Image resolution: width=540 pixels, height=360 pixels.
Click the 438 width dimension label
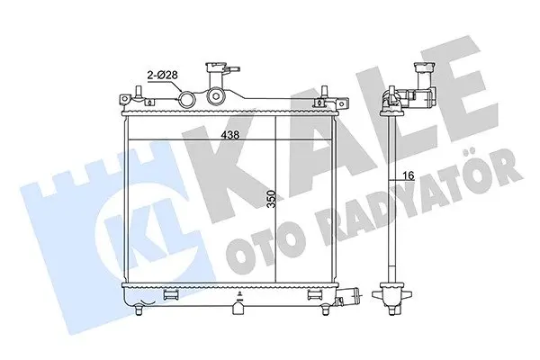[x=230, y=134]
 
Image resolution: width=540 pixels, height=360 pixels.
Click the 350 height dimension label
[x=272, y=199]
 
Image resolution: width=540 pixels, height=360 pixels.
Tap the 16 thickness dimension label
[x=408, y=175]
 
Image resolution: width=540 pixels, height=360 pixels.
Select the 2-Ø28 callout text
[x=163, y=75]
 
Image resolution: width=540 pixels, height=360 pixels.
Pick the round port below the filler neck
[x=215, y=95]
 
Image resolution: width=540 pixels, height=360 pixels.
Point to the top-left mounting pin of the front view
[x=139, y=92]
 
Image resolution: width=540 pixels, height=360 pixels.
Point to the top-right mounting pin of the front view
[x=324, y=92]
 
